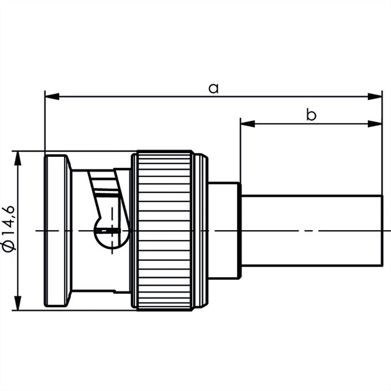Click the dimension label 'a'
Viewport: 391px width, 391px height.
coord(213,89)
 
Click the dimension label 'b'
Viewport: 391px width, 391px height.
coord(311,115)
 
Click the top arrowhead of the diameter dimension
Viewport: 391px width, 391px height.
coord(18,158)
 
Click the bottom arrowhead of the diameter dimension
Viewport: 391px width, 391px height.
coord(18,303)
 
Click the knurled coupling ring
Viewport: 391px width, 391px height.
coord(165,231)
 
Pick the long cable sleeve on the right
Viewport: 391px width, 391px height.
coord(311,231)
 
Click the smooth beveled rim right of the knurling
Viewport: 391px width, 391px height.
coord(200,231)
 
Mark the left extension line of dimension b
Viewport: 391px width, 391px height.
coord(240,150)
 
